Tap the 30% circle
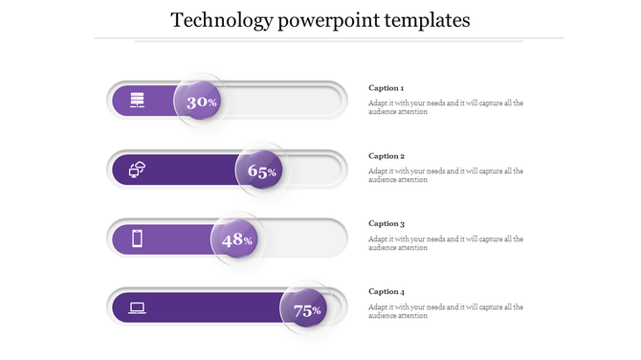(200, 101)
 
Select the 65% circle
(261, 170)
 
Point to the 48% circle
(235, 239)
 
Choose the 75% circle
(305, 309)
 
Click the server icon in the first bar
(137, 100)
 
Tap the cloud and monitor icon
(137, 169)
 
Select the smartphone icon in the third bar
(137, 238)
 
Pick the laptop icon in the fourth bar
(137, 307)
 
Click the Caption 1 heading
(387, 88)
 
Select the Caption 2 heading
(387, 156)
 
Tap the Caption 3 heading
(387, 224)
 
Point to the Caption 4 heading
(387, 292)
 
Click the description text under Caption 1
(445, 107)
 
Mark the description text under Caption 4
(445, 311)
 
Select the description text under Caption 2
(445, 175)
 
